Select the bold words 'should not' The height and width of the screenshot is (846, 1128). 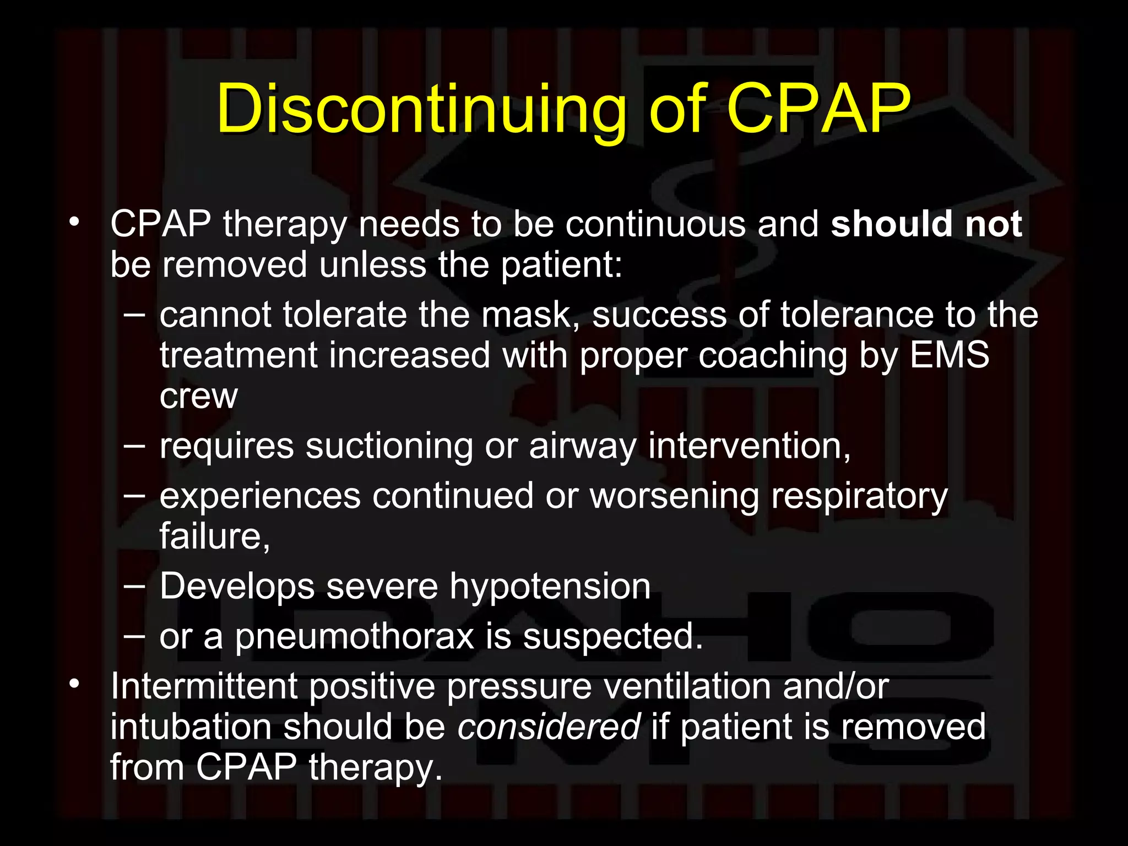(926, 224)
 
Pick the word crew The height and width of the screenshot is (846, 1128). (198, 395)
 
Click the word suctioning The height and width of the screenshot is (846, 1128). (389, 446)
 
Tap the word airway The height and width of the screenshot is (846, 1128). (582, 447)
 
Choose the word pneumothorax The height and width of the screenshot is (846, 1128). (355, 637)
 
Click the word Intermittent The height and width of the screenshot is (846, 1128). (204, 686)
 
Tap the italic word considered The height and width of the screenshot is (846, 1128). (549, 726)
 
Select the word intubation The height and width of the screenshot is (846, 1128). (191, 726)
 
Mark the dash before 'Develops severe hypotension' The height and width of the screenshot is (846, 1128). (134, 587)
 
